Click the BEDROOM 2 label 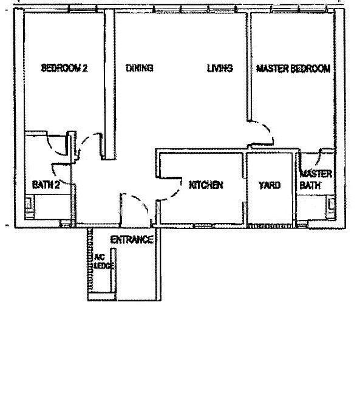point(64,68)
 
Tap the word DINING point(140,68)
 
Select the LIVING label point(220,68)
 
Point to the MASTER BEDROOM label point(293,69)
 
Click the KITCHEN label point(206,185)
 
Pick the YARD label point(270,185)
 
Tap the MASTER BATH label point(316,179)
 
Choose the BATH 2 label point(46,185)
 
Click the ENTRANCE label point(132,239)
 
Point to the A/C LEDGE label point(104,261)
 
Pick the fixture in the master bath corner point(331,207)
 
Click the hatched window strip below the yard point(270,226)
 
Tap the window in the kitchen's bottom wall point(203,226)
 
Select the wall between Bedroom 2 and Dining point(109,84)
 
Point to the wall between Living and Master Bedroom point(249,66)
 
